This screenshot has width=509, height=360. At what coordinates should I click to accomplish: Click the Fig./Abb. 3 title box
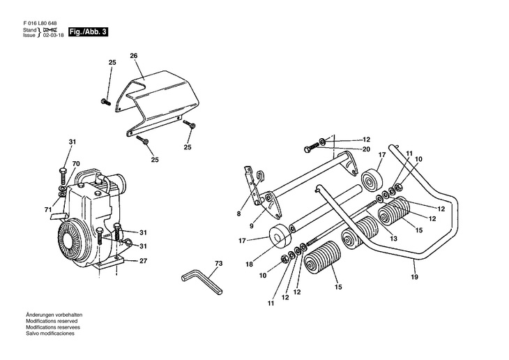[88, 32]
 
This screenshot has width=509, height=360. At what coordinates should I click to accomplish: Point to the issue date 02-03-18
[53, 35]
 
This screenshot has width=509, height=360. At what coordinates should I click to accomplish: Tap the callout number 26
[134, 56]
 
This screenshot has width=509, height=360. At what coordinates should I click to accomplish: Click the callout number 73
[219, 264]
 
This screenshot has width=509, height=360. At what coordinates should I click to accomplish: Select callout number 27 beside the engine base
[143, 261]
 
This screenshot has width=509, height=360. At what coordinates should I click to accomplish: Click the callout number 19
[415, 277]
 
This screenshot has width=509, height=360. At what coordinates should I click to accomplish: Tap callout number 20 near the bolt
[366, 149]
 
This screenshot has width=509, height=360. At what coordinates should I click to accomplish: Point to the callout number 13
[393, 239]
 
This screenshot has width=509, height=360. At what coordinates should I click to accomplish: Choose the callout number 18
[249, 264]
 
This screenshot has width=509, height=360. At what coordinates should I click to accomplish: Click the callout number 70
[76, 164]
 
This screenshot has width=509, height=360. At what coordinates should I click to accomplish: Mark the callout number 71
[48, 210]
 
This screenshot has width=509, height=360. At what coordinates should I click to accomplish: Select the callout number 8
[239, 213]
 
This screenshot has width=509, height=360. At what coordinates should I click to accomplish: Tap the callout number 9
[252, 226]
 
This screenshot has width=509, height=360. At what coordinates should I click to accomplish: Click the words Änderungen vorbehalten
[54, 315]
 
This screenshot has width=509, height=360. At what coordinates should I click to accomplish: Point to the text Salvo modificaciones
[50, 333]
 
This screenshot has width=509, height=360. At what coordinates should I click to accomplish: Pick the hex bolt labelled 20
[312, 148]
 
